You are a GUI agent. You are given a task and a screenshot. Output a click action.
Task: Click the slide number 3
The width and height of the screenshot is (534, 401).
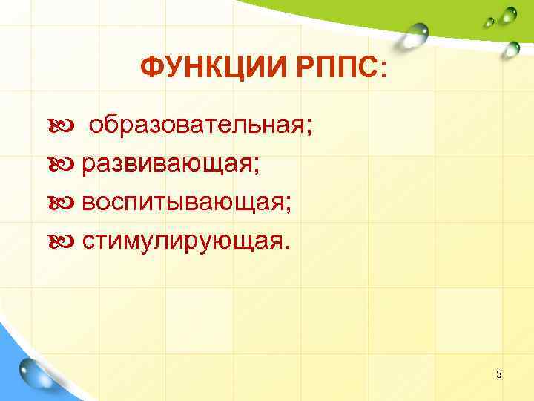[x=499, y=374]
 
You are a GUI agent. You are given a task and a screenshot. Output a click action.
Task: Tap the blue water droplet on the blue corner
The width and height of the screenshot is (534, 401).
[x=35, y=371]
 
